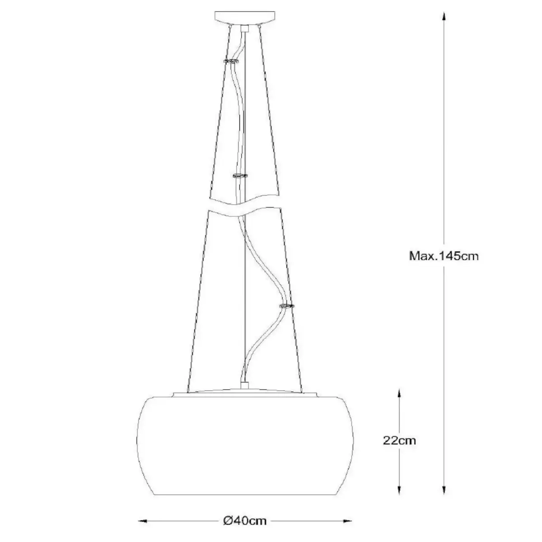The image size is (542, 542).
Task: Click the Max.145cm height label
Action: tap(444, 256)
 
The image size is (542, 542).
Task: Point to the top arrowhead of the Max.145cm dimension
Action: tap(444, 17)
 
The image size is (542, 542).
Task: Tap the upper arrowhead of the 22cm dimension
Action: tap(399, 394)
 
